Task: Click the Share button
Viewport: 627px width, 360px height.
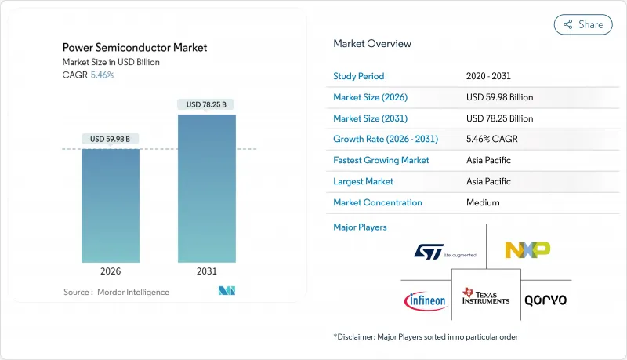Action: (583, 24)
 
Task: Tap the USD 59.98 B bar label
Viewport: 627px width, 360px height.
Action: (111, 139)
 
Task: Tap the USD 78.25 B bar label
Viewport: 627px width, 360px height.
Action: (206, 104)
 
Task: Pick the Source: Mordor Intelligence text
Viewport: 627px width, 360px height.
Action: (116, 292)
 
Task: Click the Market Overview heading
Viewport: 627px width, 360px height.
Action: (372, 44)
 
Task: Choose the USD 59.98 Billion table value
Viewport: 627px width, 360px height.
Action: (499, 97)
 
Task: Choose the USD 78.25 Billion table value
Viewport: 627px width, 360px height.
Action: (499, 118)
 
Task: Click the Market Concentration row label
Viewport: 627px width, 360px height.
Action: (378, 202)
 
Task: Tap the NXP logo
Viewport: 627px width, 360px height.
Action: (527, 249)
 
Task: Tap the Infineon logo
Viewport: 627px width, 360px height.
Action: (426, 300)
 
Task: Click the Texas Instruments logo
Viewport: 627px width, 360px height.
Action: (486, 296)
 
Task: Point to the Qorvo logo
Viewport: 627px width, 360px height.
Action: (546, 300)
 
